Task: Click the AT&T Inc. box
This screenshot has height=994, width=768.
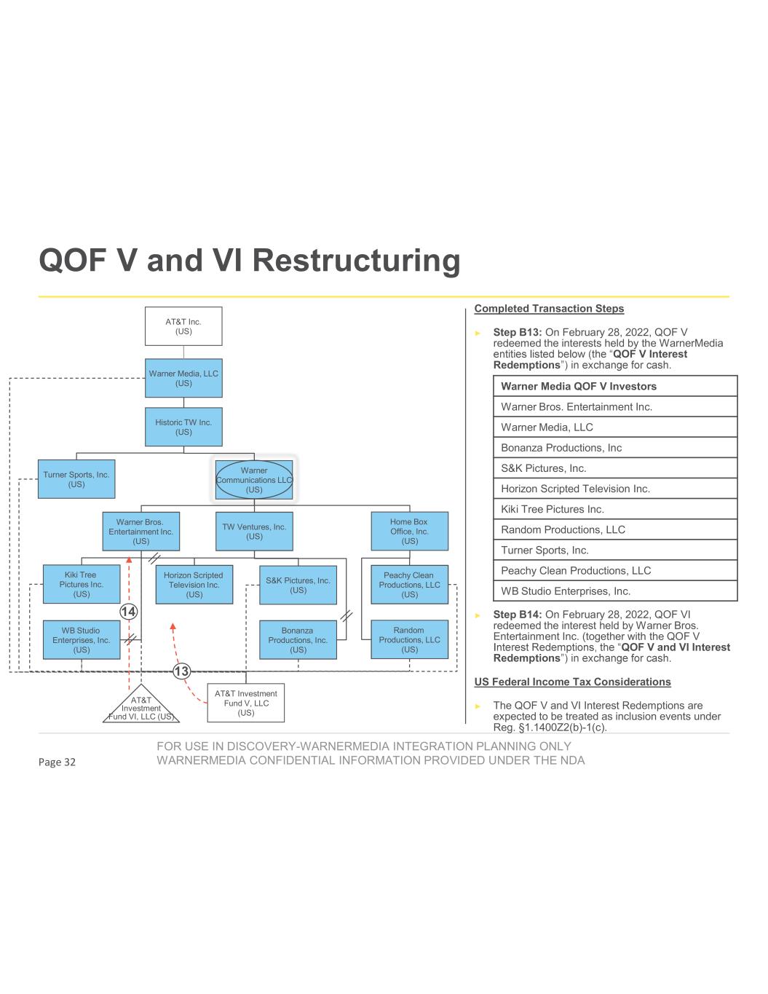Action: coord(183,326)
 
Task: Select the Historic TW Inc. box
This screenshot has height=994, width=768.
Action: coord(183,427)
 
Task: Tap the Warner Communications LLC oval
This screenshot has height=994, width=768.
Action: coord(254,480)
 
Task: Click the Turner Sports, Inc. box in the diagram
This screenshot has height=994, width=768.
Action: coord(76,479)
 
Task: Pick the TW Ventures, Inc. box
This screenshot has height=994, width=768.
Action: coord(254,532)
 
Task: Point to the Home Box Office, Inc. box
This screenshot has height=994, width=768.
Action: coord(409,532)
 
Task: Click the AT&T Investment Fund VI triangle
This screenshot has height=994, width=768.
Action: coord(141,706)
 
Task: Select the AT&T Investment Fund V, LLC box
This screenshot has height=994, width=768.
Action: coord(246,703)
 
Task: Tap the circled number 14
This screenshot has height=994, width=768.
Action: coord(128,612)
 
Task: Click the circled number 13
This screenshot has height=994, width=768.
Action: coord(181,671)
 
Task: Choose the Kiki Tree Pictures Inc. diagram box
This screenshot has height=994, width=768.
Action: coord(82,584)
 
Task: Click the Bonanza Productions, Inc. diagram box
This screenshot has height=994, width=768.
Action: coord(298,640)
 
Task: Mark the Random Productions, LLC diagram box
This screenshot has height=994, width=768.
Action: coord(409,639)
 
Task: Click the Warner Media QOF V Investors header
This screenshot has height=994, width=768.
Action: coord(579,386)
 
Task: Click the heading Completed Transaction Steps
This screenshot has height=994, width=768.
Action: coord(549,309)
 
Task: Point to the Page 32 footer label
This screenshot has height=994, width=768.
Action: coord(57,762)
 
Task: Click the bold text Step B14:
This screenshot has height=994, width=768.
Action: coord(518,615)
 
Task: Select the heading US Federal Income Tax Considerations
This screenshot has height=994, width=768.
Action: coord(572,682)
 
